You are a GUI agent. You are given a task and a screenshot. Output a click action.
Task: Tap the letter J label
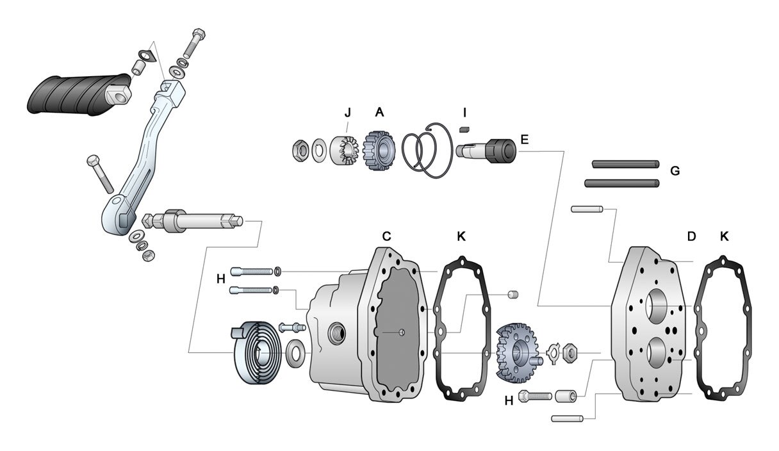click(x=347, y=113)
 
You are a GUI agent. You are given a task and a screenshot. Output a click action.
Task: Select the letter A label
click(x=379, y=113)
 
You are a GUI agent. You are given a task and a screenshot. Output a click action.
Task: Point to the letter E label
click(x=525, y=139)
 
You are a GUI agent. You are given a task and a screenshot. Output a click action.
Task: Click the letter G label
click(x=674, y=171)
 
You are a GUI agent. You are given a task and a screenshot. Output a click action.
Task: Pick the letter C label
click(x=386, y=236)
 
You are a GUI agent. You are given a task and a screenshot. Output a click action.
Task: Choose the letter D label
click(x=691, y=236)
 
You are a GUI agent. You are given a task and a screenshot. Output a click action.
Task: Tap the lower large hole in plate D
click(x=658, y=355)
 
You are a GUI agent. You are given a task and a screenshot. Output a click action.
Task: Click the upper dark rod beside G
click(x=625, y=163)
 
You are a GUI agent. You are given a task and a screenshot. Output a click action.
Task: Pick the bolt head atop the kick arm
click(x=198, y=34)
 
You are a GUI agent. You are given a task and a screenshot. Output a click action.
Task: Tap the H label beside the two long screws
click(x=220, y=279)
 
